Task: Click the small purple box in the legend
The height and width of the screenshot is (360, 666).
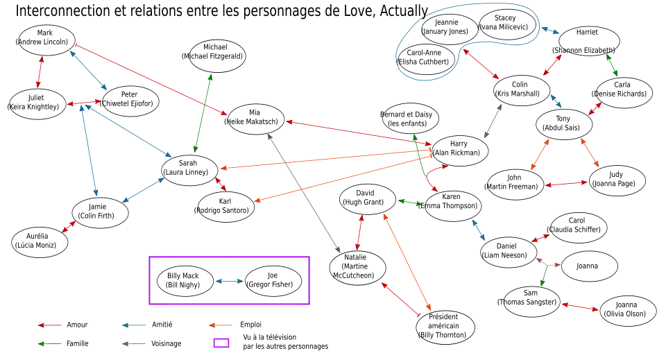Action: click(221, 342)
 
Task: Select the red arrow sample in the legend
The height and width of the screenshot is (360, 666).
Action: click(51, 325)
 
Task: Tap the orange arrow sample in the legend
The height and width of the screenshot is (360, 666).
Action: click(219, 325)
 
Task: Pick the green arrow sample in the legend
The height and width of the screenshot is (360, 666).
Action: click(51, 343)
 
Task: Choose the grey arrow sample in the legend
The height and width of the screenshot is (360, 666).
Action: click(135, 342)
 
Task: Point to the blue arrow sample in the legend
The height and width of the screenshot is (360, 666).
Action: click(135, 325)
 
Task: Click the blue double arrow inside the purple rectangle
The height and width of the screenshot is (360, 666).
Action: click(230, 281)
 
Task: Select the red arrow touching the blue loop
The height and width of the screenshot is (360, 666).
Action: click(481, 65)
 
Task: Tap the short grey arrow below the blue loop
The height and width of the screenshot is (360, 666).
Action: click(494, 120)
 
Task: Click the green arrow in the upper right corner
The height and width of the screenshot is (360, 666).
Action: click(612, 66)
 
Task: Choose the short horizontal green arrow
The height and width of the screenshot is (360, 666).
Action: click(409, 203)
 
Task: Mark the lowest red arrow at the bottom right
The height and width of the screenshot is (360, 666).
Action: click(580, 307)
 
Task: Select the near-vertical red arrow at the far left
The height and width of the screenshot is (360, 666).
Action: click(40, 72)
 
